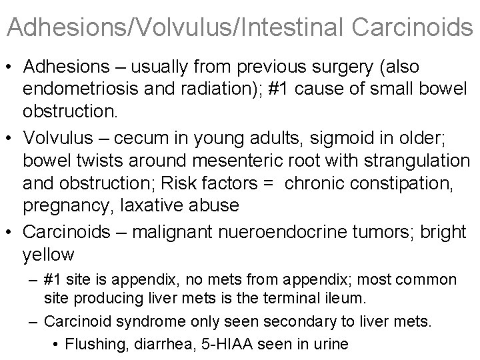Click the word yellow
[x=49, y=255]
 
